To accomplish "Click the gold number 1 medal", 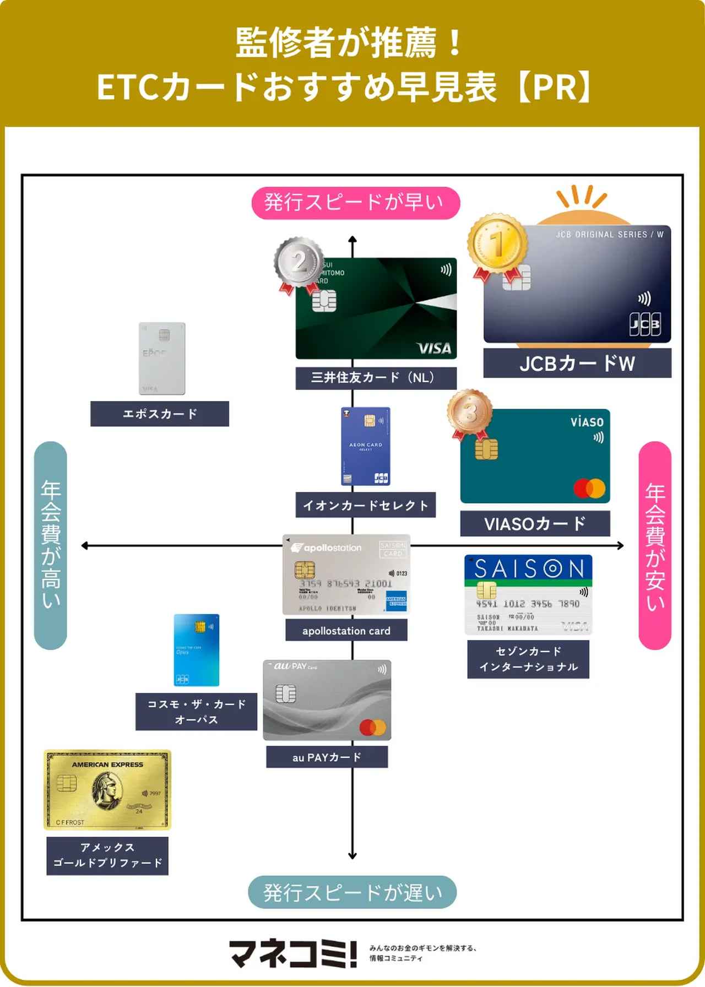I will click(497, 242).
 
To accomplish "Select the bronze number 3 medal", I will click(469, 411).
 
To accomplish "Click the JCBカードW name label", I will click(577, 364).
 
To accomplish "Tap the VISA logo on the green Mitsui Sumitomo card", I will click(434, 348).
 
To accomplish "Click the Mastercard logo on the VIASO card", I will click(589, 488).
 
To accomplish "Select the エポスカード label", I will click(160, 414).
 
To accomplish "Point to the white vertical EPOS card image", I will click(161, 358).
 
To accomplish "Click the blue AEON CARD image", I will click(366, 446).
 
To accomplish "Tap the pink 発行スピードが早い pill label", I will click(355, 203).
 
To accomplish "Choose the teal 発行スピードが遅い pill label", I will click(352, 892).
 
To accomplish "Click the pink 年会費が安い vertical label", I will click(655, 545).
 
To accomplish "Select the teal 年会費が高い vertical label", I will click(51, 545).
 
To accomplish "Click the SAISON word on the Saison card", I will click(529, 568).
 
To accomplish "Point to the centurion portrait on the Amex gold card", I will click(108, 791).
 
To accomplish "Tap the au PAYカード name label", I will click(327, 757).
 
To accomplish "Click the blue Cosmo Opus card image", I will click(197, 650).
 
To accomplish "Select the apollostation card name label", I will click(346, 631).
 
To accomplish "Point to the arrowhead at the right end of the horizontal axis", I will click(621, 546).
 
